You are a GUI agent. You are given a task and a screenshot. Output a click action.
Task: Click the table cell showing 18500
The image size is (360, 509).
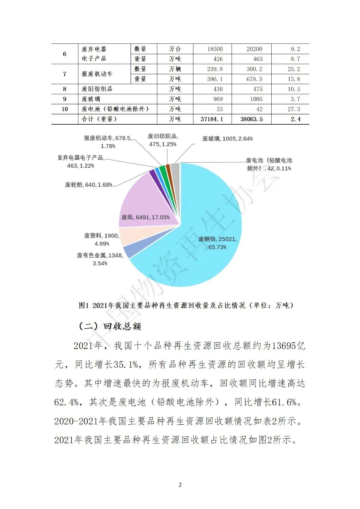pyautogui.click(x=215, y=49)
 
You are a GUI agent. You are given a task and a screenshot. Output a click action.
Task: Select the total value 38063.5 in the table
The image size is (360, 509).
pyautogui.click(x=251, y=119)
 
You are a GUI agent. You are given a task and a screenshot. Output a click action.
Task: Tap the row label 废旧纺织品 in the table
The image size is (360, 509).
pyautogui.click(x=97, y=89)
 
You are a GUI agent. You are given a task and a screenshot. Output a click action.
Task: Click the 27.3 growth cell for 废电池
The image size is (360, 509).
pyautogui.click(x=294, y=109)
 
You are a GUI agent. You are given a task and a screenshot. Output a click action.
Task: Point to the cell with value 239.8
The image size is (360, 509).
pyautogui.click(x=215, y=69)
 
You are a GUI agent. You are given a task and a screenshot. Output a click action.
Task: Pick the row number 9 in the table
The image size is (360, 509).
pyautogui.click(x=65, y=99)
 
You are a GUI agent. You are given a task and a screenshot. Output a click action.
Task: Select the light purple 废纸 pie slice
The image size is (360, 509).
pyautogui.click(x=147, y=207)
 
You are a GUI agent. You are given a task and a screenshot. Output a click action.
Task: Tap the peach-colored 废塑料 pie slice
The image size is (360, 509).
pyautogui.click(x=128, y=237)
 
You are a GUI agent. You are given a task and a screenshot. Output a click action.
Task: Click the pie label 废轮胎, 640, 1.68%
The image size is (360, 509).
pyautogui.click(x=88, y=185)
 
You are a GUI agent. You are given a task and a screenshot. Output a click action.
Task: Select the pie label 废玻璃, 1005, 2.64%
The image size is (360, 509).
pyautogui.click(x=227, y=139)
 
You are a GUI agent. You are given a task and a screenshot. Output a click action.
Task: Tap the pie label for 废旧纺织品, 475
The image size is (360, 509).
pyautogui.click(x=163, y=140)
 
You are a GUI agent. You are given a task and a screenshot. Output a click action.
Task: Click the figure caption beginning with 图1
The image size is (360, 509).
pyautogui.click(x=186, y=305)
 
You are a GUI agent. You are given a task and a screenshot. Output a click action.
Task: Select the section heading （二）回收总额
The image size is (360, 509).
pyautogui.click(x=110, y=326)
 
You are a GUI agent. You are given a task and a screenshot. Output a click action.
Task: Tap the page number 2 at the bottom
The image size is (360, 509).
pyautogui.click(x=180, y=485)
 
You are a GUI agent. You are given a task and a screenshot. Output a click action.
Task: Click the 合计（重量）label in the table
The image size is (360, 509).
pyautogui.click(x=99, y=119)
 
